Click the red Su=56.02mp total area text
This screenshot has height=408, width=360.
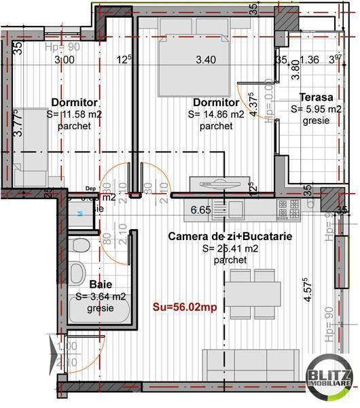185,307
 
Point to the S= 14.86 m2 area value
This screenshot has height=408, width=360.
216,115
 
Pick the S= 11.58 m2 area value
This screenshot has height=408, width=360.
75,115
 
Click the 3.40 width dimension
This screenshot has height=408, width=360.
205,60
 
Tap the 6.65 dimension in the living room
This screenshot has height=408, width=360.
200,210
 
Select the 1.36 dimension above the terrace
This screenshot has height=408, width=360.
309,60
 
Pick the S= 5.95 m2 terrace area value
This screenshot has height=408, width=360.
316,109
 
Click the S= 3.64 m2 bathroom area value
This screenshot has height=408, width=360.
100,296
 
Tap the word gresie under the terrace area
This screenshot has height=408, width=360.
317,120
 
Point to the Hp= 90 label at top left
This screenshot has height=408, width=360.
62,48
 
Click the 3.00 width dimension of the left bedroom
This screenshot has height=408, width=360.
65,60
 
